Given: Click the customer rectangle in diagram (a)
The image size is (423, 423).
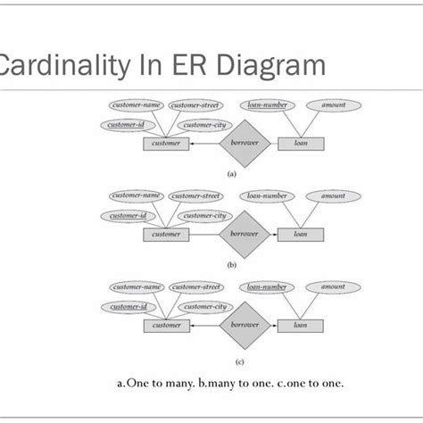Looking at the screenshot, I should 166,143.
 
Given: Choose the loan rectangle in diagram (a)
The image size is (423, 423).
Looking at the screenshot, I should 301,143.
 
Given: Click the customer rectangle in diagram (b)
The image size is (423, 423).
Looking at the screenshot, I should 166,234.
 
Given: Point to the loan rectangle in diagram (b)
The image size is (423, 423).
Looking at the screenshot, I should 301,234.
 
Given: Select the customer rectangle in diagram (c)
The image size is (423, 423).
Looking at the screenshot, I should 166,326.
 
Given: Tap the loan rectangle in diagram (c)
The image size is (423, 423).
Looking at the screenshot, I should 301,326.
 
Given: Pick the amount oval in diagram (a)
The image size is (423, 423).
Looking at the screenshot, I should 334,105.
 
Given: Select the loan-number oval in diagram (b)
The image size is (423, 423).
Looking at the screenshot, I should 267,195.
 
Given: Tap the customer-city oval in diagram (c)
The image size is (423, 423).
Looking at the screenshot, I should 204,307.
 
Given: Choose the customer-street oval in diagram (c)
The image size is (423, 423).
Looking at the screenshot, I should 196,287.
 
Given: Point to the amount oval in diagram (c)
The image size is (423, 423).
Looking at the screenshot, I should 334,287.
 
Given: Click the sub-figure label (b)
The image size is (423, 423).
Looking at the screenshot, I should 232,266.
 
